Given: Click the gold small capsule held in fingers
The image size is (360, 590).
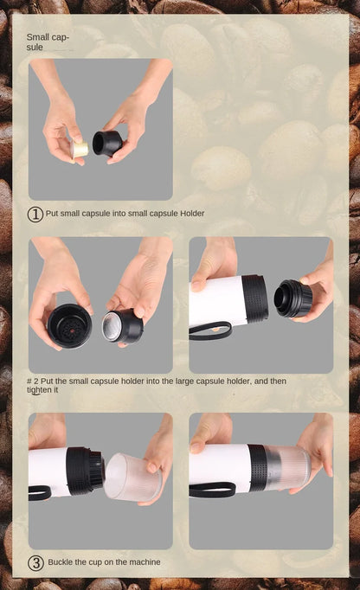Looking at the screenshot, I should click(x=80, y=149).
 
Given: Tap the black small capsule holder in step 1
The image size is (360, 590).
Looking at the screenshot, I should click(x=107, y=143).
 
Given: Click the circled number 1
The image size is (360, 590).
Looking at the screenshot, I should click(x=35, y=214).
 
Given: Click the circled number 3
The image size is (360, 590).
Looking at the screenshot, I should click(x=35, y=562).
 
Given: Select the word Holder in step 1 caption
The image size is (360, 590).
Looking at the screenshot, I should click(x=192, y=213).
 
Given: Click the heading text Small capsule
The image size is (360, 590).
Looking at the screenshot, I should click(x=47, y=42).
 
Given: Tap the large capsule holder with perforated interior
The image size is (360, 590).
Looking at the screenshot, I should click(x=69, y=325).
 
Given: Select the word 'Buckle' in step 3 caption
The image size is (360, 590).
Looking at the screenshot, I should click(x=61, y=562).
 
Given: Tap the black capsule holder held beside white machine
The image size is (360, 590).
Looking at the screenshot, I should click(x=292, y=298).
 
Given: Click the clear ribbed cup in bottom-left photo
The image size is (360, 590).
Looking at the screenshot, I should click(x=131, y=477).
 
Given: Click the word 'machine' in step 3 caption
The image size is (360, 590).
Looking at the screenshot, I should click(x=144, y=562).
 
